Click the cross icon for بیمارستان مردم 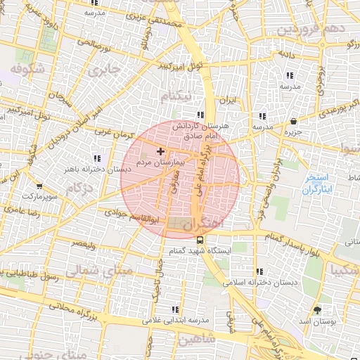160,150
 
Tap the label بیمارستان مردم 160,162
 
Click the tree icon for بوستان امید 317,309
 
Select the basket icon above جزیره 292,120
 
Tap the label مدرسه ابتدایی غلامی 176,320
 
